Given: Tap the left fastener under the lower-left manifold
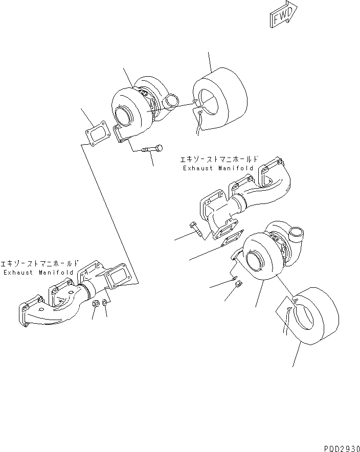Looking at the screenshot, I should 96,305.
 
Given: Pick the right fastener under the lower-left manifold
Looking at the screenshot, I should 105,305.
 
